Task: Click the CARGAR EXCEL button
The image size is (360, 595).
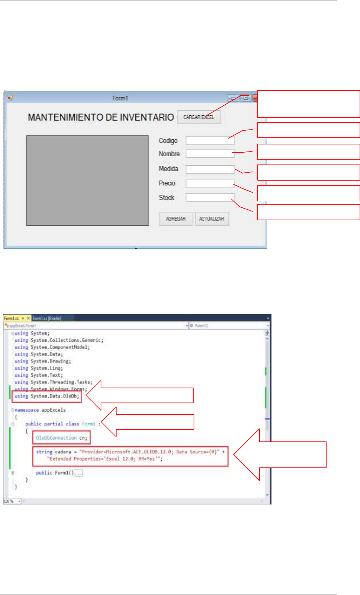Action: [x=199, y=117]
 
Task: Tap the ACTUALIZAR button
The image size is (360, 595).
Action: [x=212, y=219]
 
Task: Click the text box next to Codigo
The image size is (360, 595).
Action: [x=210, y=140]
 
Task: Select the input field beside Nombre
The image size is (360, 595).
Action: [x=210, y=154]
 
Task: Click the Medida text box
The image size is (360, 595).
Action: [x=210, y=169]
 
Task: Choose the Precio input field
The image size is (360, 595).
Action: [x=210, y=184]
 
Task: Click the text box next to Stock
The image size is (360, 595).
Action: [x=210, y=198]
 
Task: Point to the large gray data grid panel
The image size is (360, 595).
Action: [x=87, y=181]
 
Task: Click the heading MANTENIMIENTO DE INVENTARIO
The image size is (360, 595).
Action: [x=101, y=117]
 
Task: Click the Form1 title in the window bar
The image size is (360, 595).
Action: [x=120, y=98]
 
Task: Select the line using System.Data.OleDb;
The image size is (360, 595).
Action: [x=47, y=396]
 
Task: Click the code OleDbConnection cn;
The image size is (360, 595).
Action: [x=62, y=438]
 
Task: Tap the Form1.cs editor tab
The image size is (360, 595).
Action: [x=12, y=318]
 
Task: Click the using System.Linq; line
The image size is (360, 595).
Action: [x=39, y=368]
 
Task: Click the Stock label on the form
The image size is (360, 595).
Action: [x=166, y=198]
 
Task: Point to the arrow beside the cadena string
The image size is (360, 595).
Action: [x=279, y=455]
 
